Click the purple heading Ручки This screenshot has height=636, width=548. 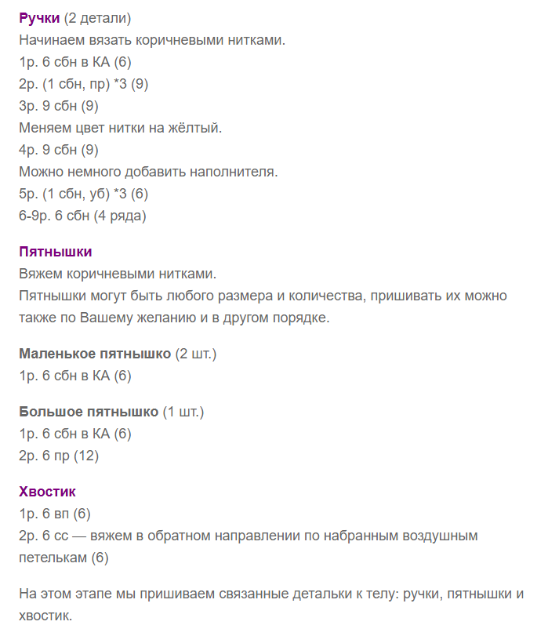[x=39, y=17]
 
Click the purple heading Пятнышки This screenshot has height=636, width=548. [x=56, y=252]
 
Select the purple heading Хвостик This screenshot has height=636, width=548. [x=47, y=492]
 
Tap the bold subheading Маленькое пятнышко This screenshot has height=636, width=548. [x=95, y=354]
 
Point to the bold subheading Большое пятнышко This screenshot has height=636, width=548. [x=89, y=412]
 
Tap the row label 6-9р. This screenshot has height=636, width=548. [x=34, y=215]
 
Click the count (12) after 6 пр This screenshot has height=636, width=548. [x=85, y=456]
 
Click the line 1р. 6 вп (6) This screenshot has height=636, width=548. [x=55, y=514]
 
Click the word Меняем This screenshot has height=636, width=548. [x=46, y=127]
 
